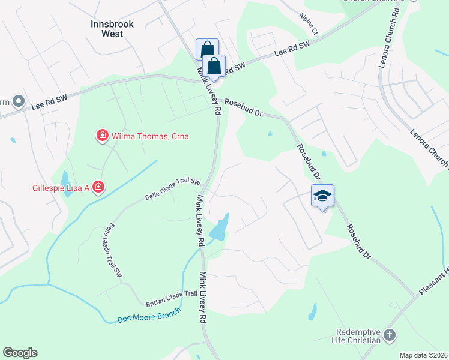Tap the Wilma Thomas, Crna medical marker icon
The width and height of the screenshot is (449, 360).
coord(103,136)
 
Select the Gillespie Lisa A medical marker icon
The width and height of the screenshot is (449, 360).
coord(98,188)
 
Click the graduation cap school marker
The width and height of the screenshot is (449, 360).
coord(322,196)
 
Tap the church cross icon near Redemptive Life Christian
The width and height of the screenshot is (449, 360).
coord(390,335)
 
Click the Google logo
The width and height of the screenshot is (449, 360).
coord(20,353)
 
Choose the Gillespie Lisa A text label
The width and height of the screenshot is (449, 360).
coord(61,188)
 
